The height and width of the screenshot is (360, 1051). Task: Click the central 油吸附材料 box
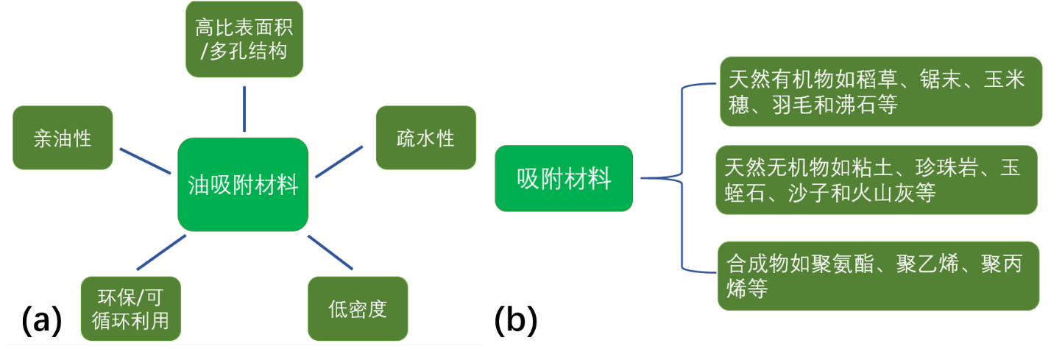coord(243,184)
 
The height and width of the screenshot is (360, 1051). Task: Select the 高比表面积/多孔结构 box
coord(244,40)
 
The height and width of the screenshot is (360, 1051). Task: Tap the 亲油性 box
coord(63,138)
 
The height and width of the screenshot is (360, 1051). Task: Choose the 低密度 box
coord(357,308)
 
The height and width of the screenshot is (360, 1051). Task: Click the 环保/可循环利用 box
coord(130,308)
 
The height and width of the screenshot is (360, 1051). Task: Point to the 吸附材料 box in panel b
coord(564,178)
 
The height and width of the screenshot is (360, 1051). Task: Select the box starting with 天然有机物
coord(882,91)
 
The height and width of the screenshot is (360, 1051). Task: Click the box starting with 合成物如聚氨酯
coord(880,275)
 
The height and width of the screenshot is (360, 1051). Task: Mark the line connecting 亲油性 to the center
coord(145,160)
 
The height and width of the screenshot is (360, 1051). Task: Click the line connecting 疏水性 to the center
coord(339,161)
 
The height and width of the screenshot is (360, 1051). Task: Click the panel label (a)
coord(41,321)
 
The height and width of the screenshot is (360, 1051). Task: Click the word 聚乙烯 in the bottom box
coord(929,264)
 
